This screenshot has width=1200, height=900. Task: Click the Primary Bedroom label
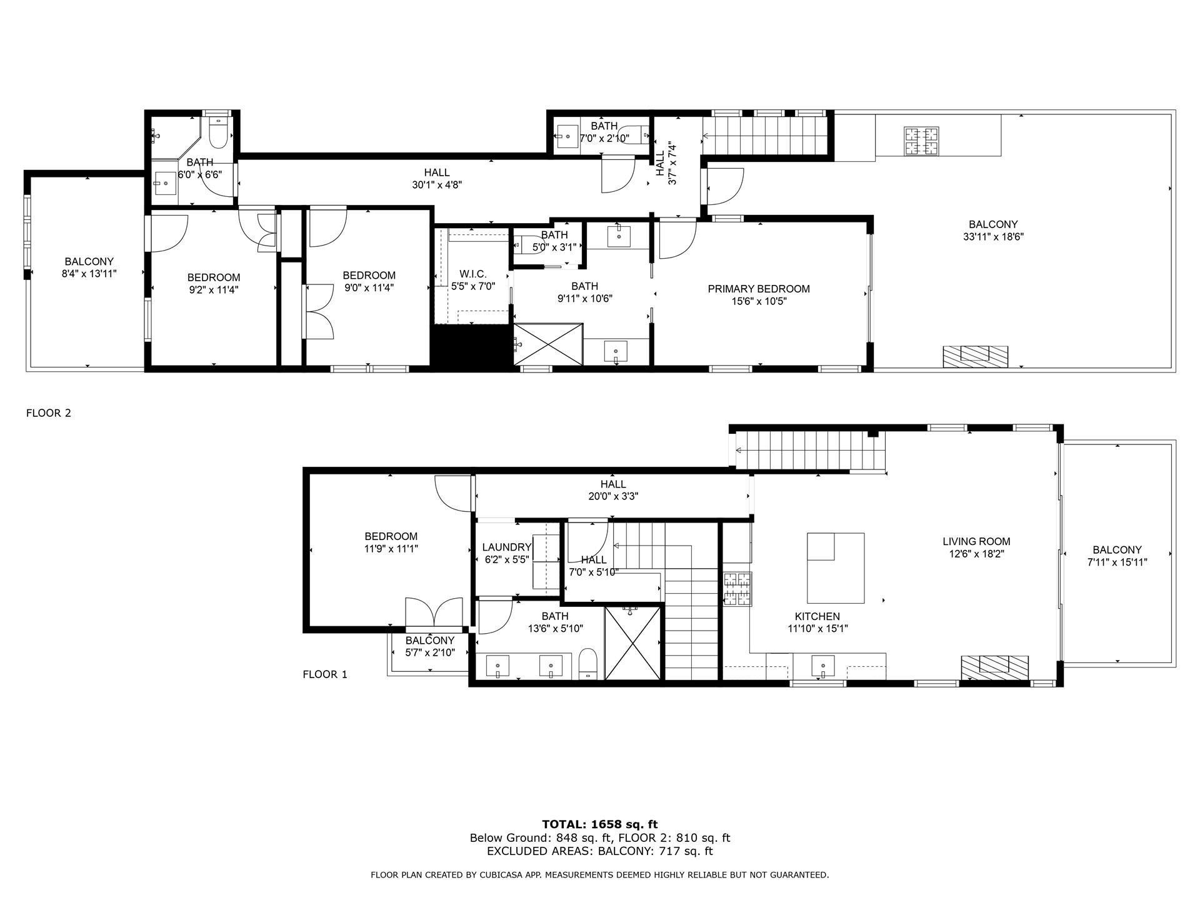(x=758, y=289)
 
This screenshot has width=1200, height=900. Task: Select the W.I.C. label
(x=472, y=274)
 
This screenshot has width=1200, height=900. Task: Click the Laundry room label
(x=506, y=547)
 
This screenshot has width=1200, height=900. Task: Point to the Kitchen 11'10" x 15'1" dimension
(x=817, y=629)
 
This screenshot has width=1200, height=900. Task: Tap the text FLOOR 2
(x=49, y=413)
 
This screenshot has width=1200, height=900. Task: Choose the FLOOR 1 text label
(x=324, y=674)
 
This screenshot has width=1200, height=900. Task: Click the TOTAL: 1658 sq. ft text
(x=599, y=824)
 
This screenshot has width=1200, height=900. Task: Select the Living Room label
(x=976, y=541)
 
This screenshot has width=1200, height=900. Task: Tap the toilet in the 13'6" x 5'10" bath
(x=588, y=663)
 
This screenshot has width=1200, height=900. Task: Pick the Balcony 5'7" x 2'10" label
(x=429, y=641)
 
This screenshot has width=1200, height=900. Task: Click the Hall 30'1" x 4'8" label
(x=436, y=173)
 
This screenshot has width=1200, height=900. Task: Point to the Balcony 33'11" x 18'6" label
(x=992, y=224)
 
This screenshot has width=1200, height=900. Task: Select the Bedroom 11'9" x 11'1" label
(x=391, y=536)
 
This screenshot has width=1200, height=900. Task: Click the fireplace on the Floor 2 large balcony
(x=975, y=356)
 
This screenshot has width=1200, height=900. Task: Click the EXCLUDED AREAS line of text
(x=599, y=851)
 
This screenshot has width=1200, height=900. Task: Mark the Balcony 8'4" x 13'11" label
(x=89, y=262)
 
